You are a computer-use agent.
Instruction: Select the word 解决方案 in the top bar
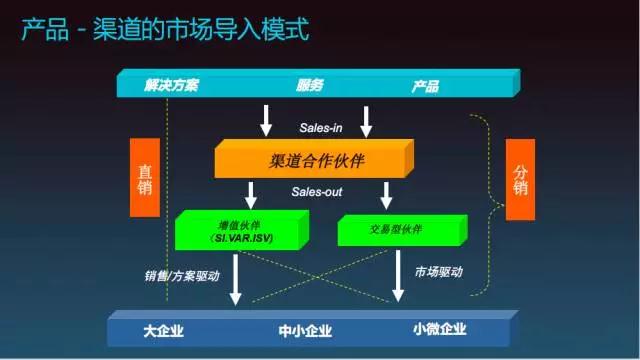tap(171, 85)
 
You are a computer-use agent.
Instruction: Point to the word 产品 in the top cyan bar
tap(425, 86)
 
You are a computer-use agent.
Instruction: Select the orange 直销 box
tap(146, 176)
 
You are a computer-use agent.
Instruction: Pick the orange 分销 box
tap(520, 179)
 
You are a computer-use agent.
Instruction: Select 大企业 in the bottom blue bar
tap(164, 330)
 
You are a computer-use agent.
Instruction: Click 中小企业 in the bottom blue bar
tap(305, 330)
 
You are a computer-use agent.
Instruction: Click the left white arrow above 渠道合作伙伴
tap(266, 121)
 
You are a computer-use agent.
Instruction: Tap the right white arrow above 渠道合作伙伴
tap(367, 121)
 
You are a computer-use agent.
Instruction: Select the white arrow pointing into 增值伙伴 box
tap(251, 194)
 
